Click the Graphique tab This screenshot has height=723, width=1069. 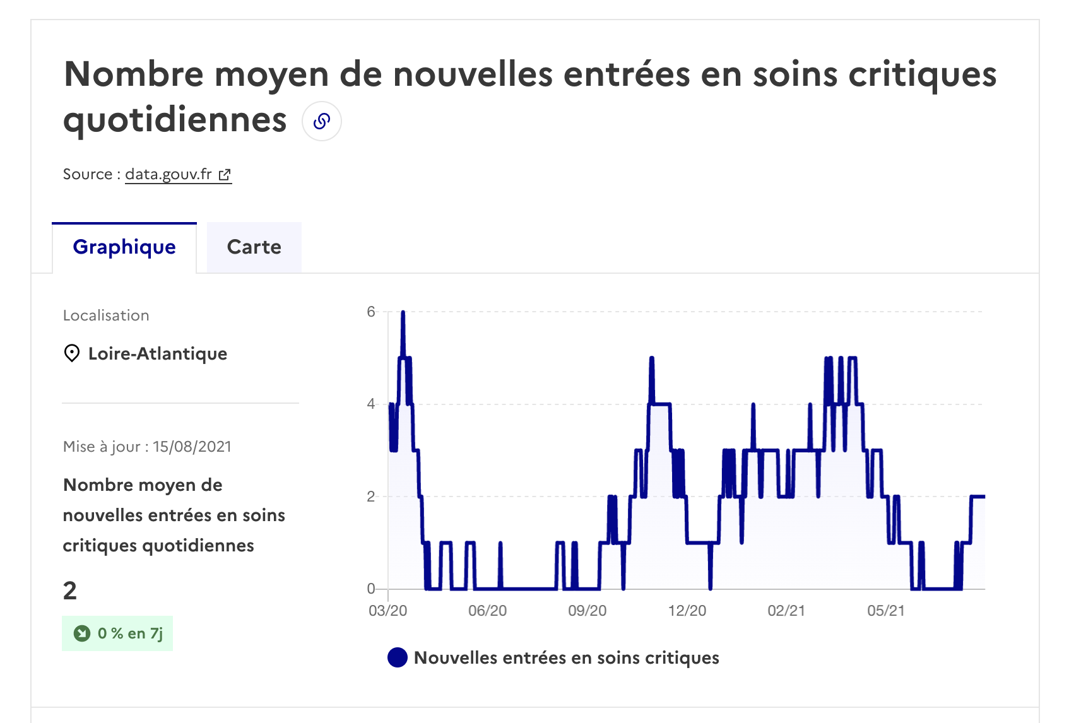point(124,247)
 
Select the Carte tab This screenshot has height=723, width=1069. point(254,247)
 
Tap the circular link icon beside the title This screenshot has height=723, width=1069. point(322,121)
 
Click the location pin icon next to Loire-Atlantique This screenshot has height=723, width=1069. point(72,353)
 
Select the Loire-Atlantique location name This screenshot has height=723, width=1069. point(158,353)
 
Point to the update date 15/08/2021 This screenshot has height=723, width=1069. point(192,447)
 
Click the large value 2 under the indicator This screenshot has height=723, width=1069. point(70,591)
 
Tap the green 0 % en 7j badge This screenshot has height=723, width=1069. point(117,633)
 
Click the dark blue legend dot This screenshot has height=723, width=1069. point(398,657)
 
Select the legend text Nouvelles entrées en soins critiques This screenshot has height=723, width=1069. point(566,657)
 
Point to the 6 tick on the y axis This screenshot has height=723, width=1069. point(371,312)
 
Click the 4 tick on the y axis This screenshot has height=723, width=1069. point(371,404)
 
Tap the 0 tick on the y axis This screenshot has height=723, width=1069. point(371,589)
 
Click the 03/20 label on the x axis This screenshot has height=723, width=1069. point(387,611)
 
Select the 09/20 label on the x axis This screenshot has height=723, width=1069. point(587,611)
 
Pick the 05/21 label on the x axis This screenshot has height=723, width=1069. point(886,611)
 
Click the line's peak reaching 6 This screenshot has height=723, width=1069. point(403,313)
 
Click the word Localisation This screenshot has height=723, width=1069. point(106,315)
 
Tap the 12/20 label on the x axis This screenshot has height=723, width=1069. point(687,611)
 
